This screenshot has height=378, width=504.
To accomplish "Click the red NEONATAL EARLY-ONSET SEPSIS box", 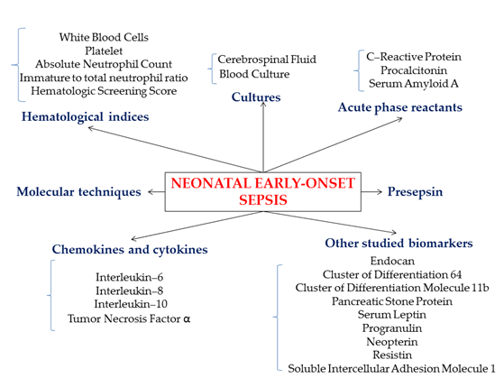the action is (263, 192).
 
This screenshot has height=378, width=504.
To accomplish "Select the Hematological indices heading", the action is (85, 116).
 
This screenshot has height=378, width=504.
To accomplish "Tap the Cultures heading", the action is (256, 97).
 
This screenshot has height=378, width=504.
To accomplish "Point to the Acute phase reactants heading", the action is (399, 107).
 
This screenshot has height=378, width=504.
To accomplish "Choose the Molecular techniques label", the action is (78, 192).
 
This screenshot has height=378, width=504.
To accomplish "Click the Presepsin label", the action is (415, 192).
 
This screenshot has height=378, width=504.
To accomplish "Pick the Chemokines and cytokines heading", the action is (130, 249).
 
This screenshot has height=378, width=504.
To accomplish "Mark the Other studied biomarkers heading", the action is (399, 243).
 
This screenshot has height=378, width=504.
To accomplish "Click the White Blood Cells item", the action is (104, 37).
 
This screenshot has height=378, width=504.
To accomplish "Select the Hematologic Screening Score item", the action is (104, 91).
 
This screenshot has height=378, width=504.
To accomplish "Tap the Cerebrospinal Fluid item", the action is (267, 60).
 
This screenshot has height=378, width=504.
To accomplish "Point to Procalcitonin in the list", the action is (414, 70).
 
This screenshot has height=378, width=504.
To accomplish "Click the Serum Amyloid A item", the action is (413, 84).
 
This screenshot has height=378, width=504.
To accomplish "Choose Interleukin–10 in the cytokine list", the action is (131, 304).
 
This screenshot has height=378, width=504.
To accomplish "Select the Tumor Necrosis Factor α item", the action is (129, 318).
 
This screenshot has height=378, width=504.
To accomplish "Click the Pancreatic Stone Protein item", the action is (392, 301).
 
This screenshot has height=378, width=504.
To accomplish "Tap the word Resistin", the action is (392, 355).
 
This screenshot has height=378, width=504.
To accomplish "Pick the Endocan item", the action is (392, 261).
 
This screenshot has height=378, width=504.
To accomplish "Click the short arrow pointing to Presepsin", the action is (371, 192).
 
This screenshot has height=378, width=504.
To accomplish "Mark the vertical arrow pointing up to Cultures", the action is (263, 137).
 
